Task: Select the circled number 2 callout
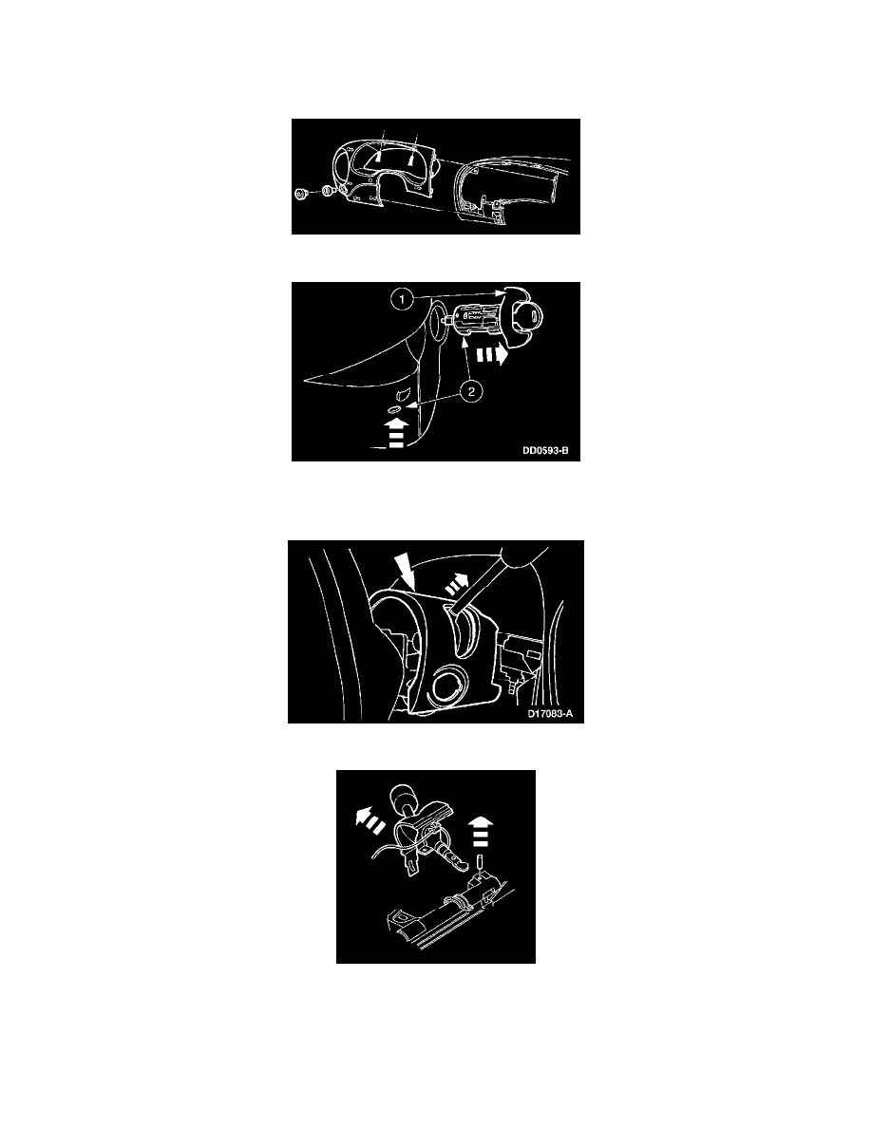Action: [x=470, y=392]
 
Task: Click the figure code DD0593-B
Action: [x=545, y=451]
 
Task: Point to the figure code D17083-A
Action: [x=550, y=714]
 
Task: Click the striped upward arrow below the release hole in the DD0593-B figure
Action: [x=396, y=434]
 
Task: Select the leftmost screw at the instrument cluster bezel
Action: [x=300, y=193]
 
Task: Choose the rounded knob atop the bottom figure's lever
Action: [x=404, y=798]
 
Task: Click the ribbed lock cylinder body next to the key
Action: [x=475, y=319]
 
